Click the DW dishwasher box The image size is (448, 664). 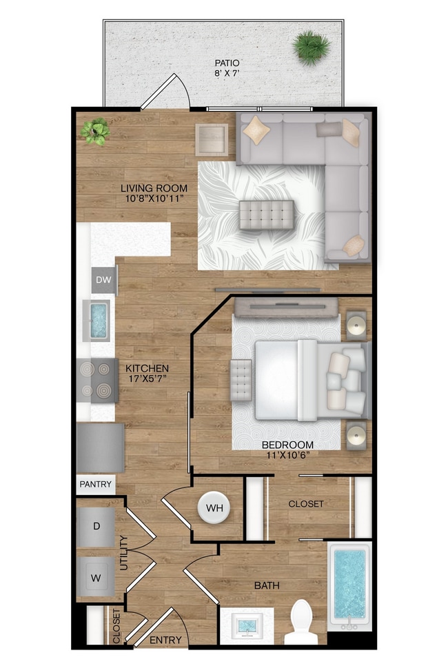coord(104,280)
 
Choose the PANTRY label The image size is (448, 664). coord(96,485)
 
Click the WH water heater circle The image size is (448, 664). coord(215,508)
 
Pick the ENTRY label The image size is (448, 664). coord(165,641)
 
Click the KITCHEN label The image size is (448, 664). coord(147,369)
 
